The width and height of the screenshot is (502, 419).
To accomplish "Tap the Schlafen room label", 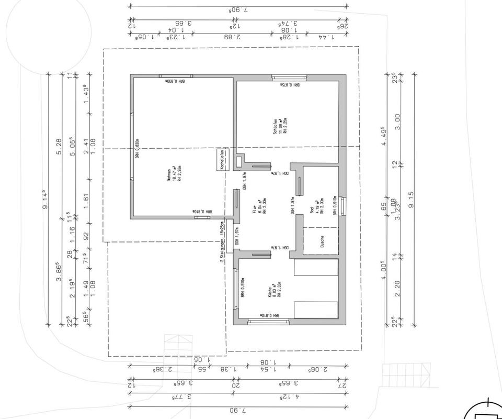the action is point(279,126).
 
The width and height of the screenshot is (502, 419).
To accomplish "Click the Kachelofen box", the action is point(222,159).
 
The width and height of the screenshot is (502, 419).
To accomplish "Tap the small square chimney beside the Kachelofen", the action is point(239,161).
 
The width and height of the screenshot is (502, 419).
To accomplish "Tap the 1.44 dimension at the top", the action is point(329,37).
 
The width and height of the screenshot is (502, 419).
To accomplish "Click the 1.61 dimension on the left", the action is point(87,199).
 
